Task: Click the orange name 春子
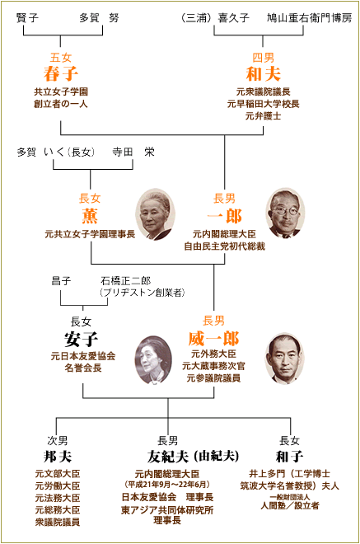[61, 73]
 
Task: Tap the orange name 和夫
[264, 73]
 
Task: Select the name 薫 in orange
[90, 216]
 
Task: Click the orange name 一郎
[224, 216]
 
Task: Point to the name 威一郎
[213, 339]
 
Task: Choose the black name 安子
[82, 339]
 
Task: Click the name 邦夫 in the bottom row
[58, 457]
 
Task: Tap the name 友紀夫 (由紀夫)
[193, 457]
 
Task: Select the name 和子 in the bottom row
[290, 457]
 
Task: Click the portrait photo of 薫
[155, 214]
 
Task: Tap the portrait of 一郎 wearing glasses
[285, 213]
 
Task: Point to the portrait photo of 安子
[153, 359]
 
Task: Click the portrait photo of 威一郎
[284, 359]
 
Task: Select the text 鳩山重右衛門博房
[310, 17]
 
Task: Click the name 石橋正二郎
[125, 280]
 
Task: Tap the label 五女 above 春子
[61, 57]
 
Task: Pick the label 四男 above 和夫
[264, 57]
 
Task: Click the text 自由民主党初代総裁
[224, 246]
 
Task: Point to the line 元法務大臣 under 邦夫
[58, 498]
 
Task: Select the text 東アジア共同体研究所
[167, 510]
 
